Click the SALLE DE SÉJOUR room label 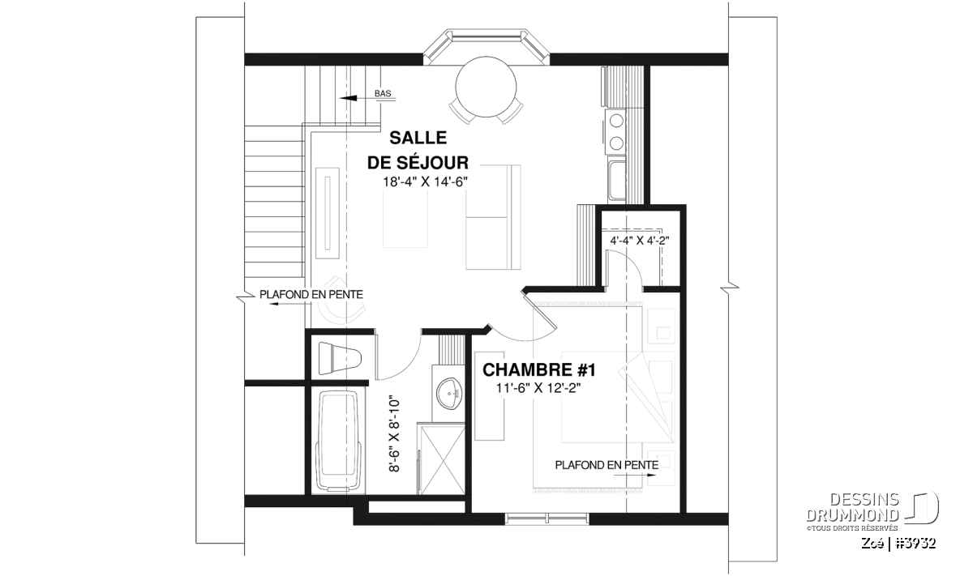click(418, 150)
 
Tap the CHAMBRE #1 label click(539, 369)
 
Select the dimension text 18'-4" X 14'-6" click(425, 181)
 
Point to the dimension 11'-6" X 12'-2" click(538, 388)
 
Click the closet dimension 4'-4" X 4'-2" click(640, 241)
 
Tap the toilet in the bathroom click(340, 358)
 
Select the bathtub click(340, 441)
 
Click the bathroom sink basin click(448, 393)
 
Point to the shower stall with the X click(442, 460)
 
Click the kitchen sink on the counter click(617, 180)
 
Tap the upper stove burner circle click(617, 120)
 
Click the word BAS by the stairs click(383, 93)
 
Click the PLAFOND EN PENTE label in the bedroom click(607, 465)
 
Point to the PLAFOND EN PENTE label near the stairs click(311, 295)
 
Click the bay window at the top click(486, 47)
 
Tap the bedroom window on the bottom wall click(547, 518)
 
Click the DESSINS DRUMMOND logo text click(853, 507)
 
